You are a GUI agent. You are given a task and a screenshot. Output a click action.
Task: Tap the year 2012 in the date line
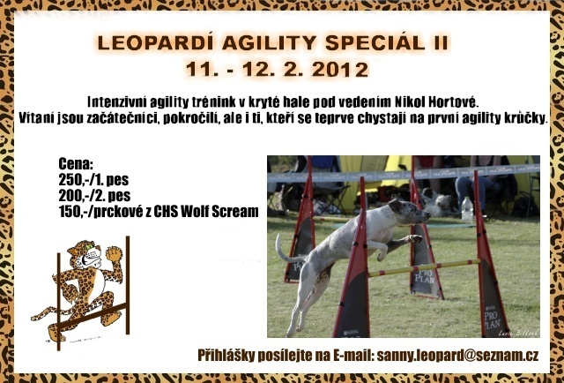[x=340, y=70]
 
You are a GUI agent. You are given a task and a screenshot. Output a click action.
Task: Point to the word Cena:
[x=76, y=164]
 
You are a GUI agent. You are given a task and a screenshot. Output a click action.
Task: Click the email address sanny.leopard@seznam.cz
[x=457, y=356]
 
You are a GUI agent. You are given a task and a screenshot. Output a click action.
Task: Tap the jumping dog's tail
[x=286, y=250]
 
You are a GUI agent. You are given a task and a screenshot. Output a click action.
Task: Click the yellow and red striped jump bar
[x=424, y=267]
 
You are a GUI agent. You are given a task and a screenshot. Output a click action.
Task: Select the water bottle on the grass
[x=467, y=209]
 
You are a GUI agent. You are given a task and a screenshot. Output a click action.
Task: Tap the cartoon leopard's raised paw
[x=114, y=254]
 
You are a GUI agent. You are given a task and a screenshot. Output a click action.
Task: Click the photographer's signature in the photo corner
[x=518, y=334]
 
